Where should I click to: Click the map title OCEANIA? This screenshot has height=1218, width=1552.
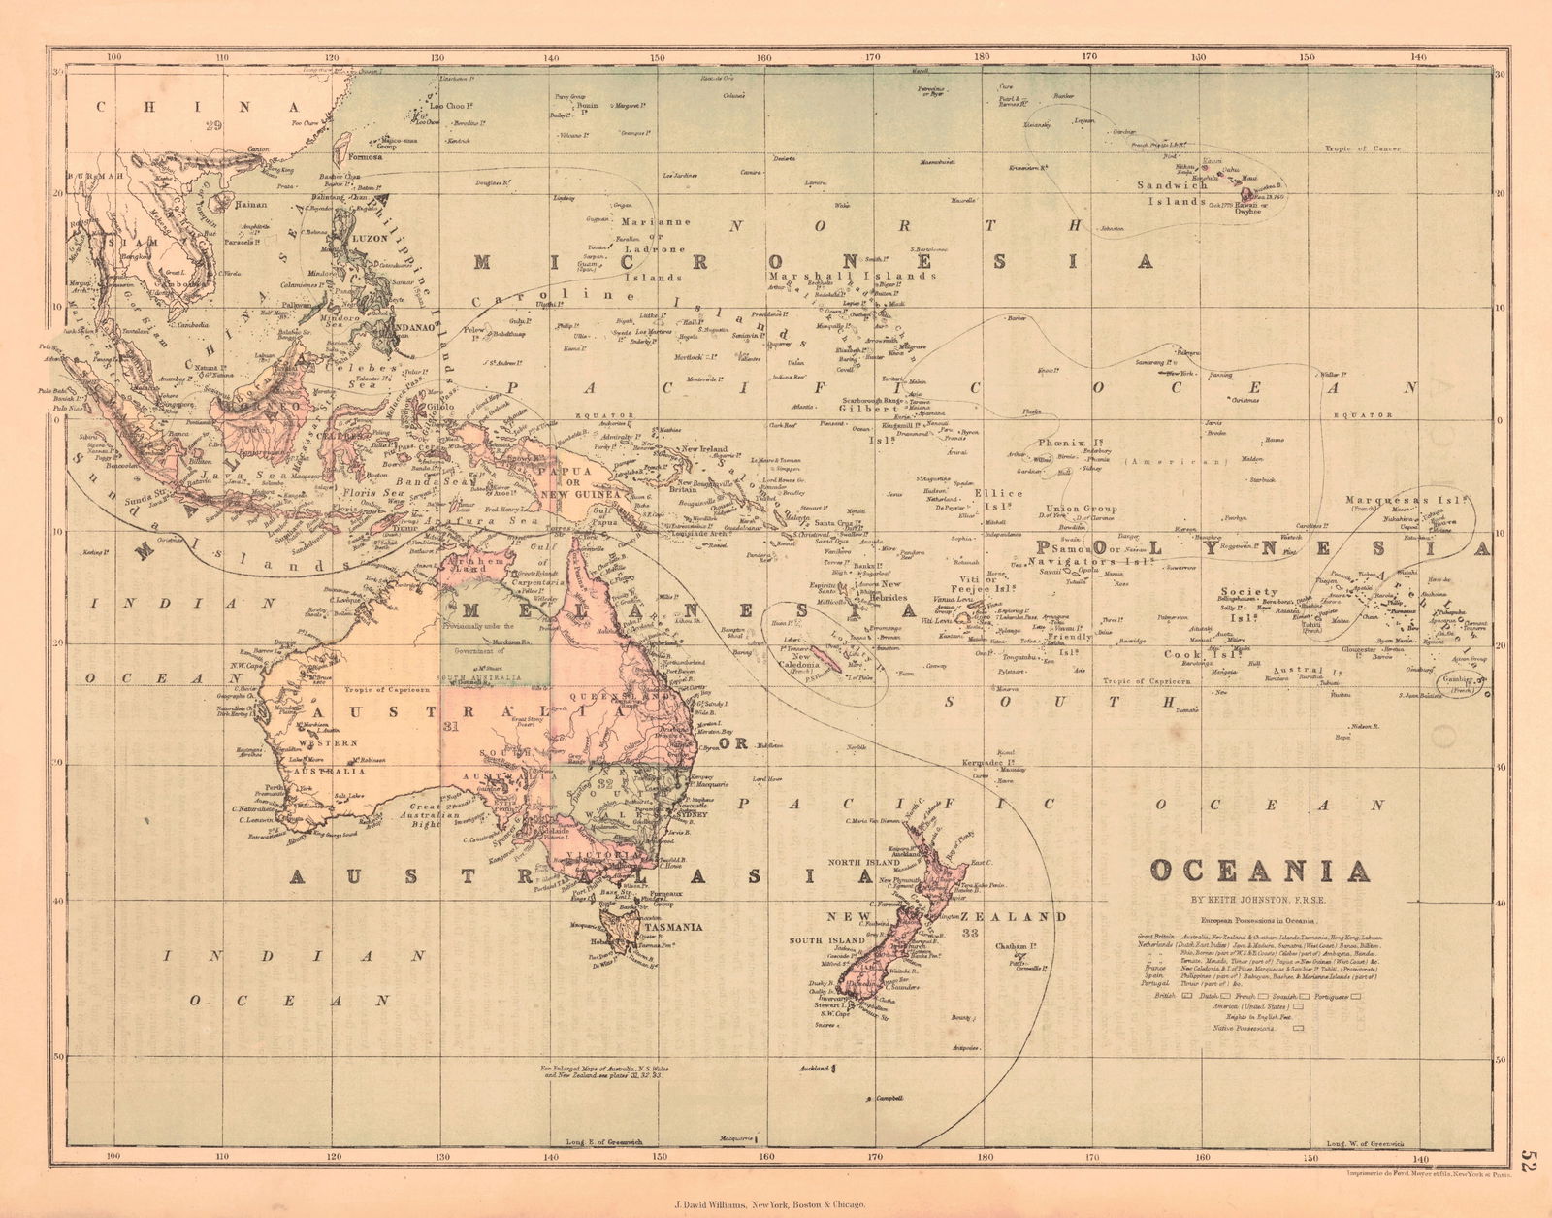tap(1260, 870)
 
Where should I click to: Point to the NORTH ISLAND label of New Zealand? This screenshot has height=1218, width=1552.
tap(865, 862)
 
